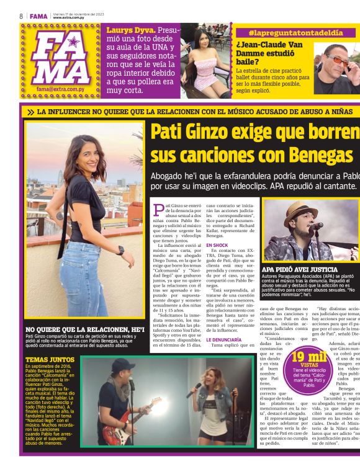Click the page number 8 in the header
click(21, 16)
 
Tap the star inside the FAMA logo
click(73, 42)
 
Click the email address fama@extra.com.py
click(60, 89)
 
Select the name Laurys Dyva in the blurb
click(130, 30)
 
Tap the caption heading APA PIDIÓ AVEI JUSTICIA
click(299, 270)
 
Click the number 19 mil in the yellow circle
click(308, 356)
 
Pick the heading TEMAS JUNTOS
click(46, 359)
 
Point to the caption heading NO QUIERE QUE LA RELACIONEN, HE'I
click(85, 329)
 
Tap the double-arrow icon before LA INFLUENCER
click(30, 112)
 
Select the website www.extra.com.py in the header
click(70, 17)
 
